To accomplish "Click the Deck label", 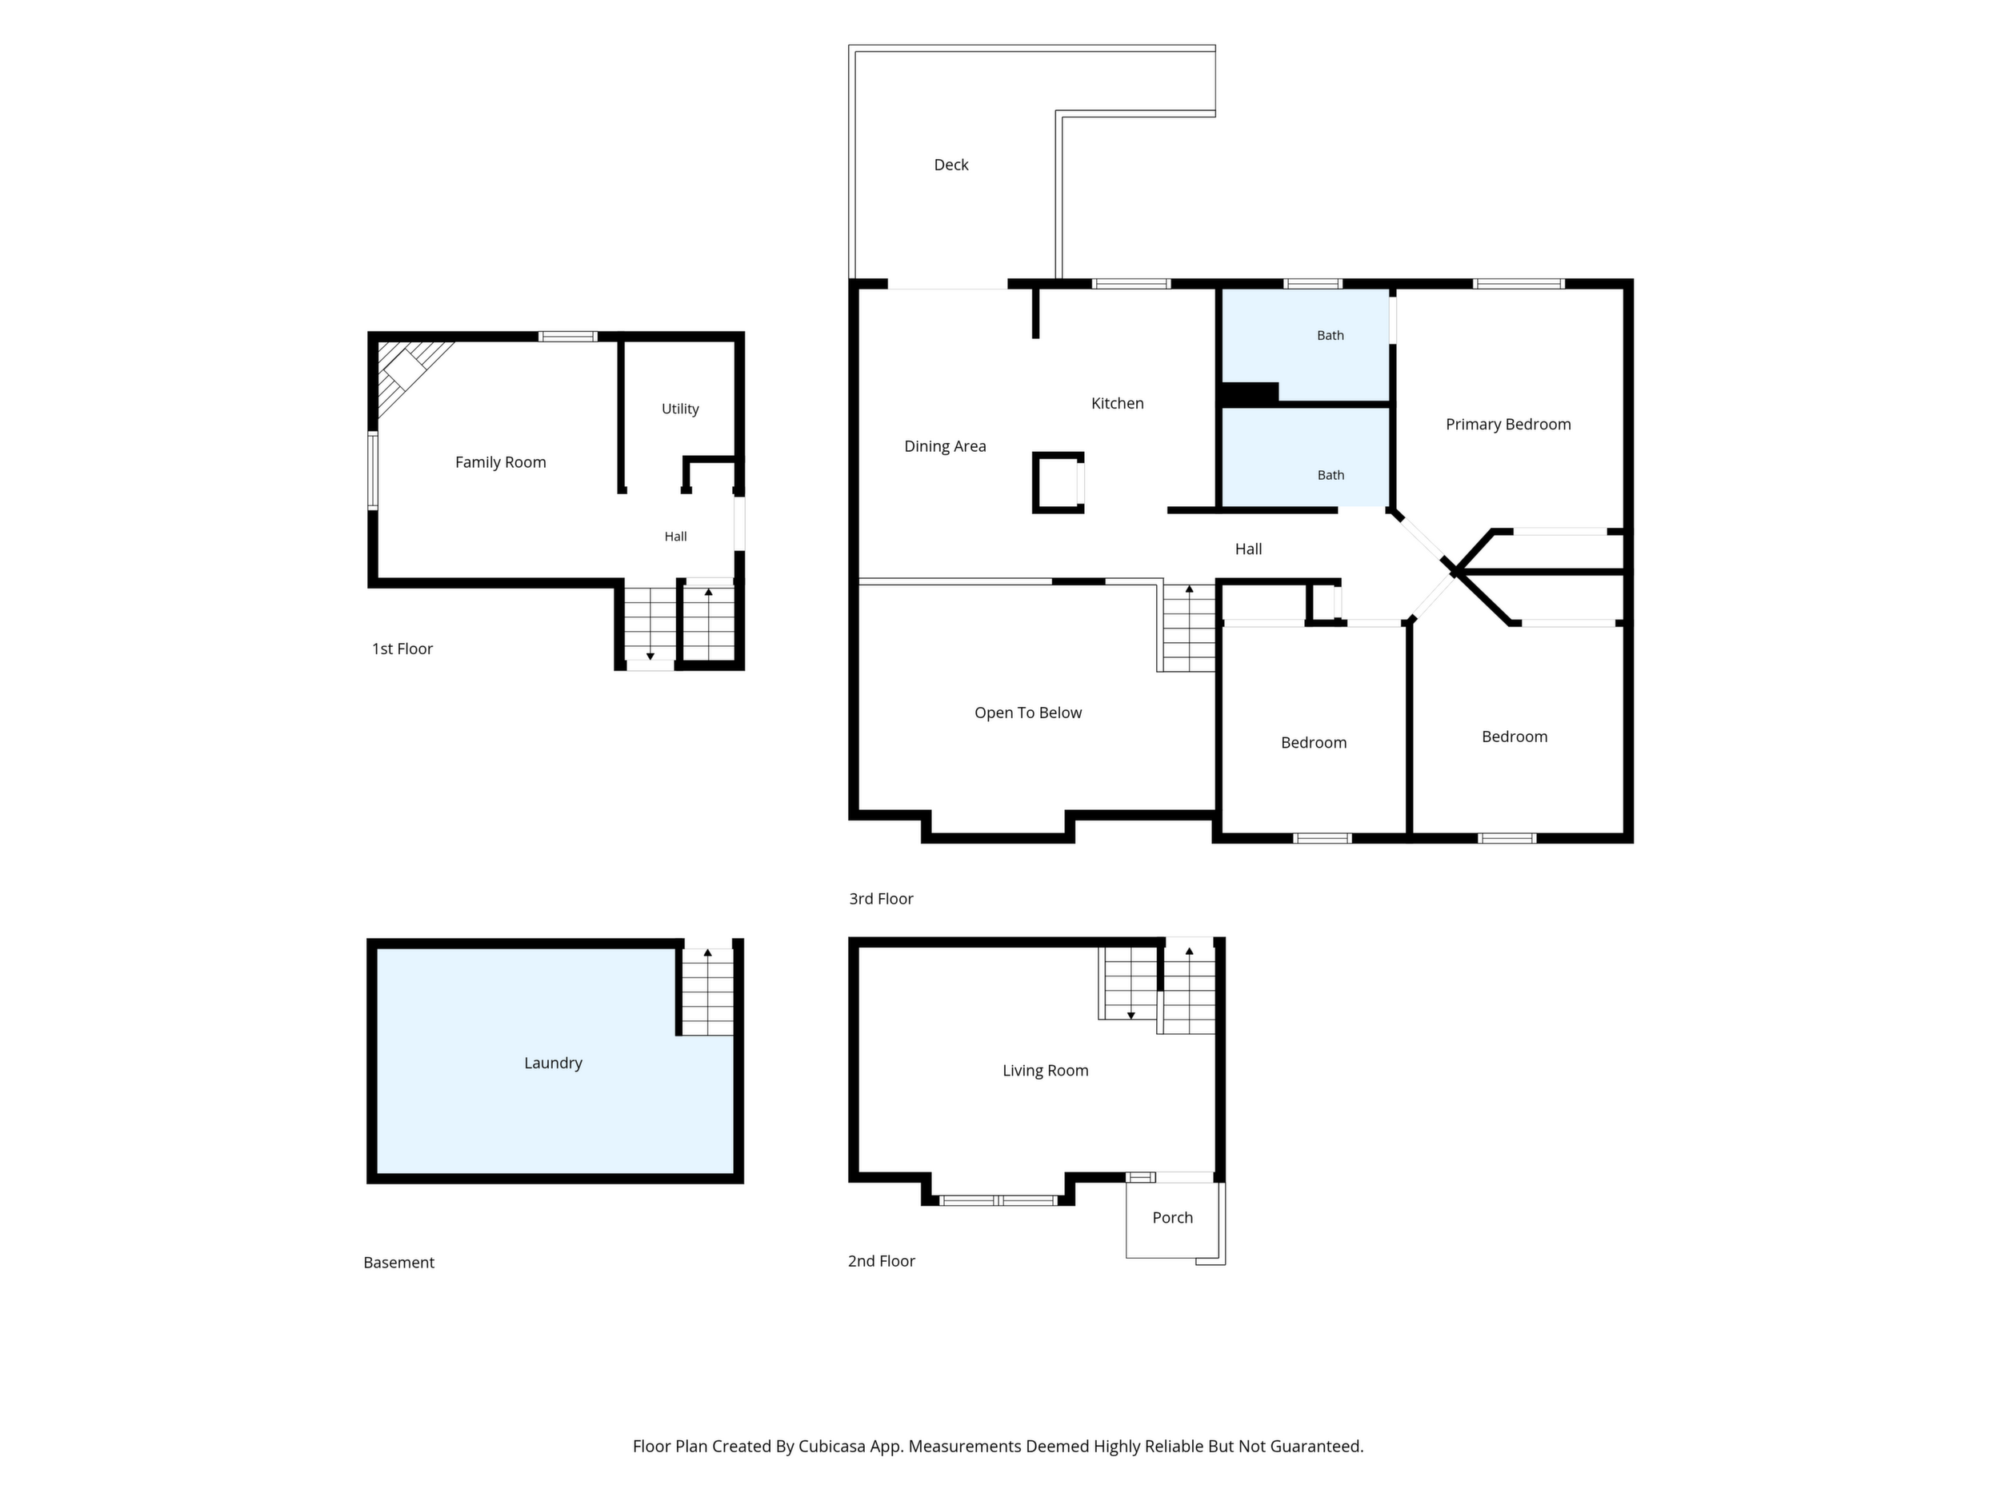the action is point(950,165).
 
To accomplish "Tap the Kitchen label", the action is point(1117,403).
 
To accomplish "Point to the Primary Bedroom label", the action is point(1507,424).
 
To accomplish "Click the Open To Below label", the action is point(1027,713).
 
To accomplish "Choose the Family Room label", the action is point(500,463).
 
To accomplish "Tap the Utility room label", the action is point(680,409).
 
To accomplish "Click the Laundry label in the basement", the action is point(553,1063).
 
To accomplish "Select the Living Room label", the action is point(1046,1071).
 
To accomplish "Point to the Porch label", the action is point(1173,1218).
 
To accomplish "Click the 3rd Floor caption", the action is point(880,899).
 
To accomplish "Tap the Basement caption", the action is point(398,1263).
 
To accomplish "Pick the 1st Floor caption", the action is point(402,649).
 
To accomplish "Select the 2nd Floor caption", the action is point(881,1261).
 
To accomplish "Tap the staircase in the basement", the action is point(707,991).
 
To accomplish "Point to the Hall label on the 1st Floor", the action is point(675,537).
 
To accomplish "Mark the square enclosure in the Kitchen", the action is point(1058,483).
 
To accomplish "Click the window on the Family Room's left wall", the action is point(372,471).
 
